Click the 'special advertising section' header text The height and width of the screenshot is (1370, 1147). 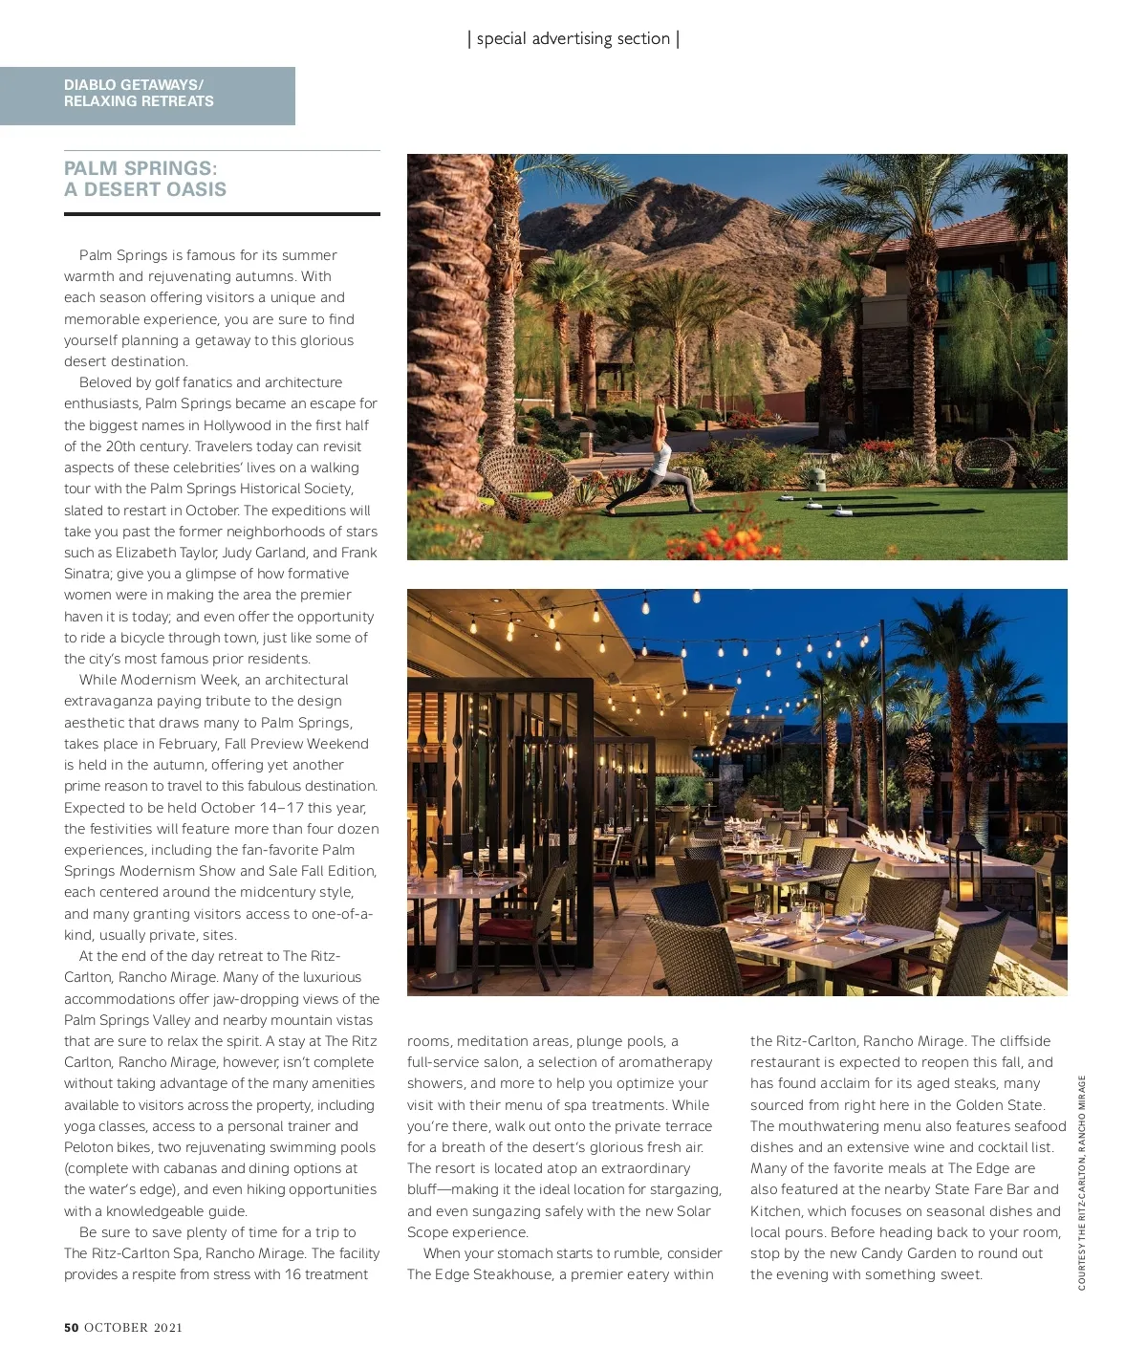[x=573, y=39]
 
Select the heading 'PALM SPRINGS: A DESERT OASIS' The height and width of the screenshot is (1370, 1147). [x=145, y=179]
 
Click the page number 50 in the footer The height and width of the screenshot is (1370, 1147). [x=71, y=1327]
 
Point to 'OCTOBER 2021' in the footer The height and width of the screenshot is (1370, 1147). [x=133, y=1327]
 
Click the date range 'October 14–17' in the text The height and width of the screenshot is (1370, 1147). [x=251, y=808]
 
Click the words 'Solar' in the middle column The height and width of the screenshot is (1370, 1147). [x=690, y=1211]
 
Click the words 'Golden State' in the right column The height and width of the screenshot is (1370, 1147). [x=999, y=1105]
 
